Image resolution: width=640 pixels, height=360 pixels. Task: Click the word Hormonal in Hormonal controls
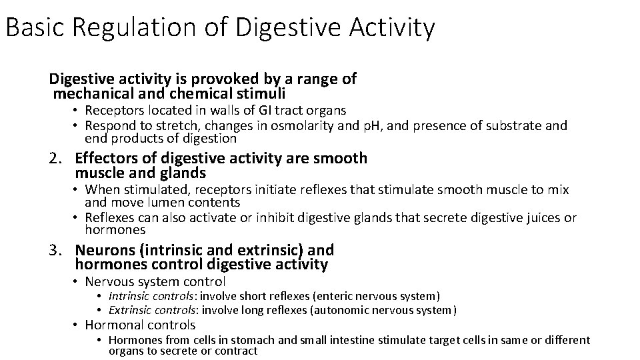[x=113, y=325]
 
